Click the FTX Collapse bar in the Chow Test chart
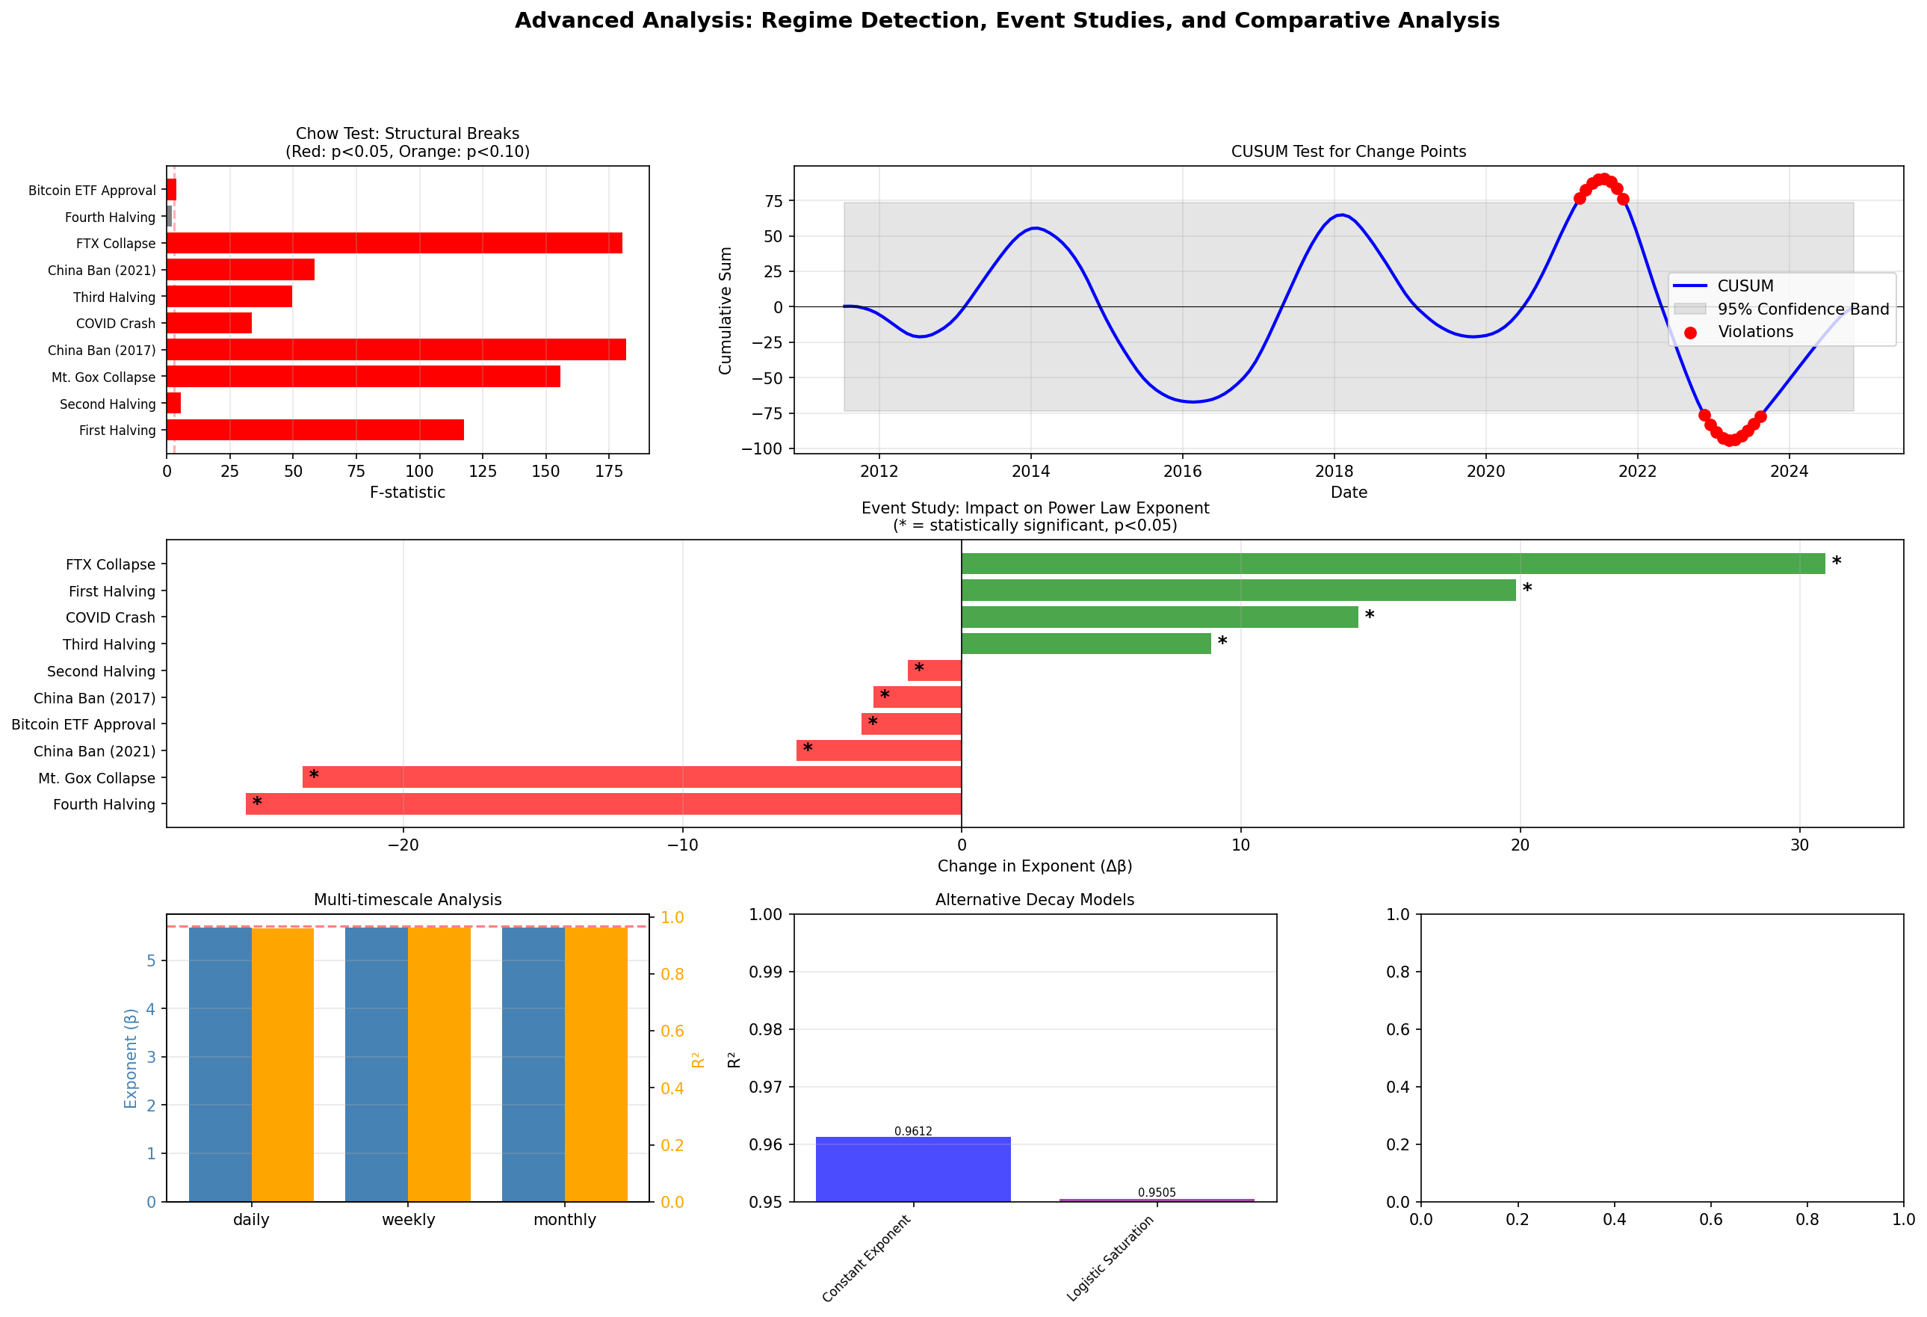pos(394,243)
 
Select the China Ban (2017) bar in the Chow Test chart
pos(395,349)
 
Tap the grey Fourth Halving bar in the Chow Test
pos(169,217)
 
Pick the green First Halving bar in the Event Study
pos(1238,590)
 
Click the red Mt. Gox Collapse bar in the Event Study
pos(632,777)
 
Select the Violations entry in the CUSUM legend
pos(1754,332)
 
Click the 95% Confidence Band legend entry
pos(1803,309)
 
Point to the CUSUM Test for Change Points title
pos(1348,152)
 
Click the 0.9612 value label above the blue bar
pos(913,1131)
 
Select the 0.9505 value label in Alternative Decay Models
pos(1157,1193)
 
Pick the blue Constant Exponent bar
pos(913,1169)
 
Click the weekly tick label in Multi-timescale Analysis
pos(408,1220)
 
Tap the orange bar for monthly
pos(596,1064)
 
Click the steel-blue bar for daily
pos(220,1064)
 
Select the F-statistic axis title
pos(407,493)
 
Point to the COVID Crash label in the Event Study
pos(111,618)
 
